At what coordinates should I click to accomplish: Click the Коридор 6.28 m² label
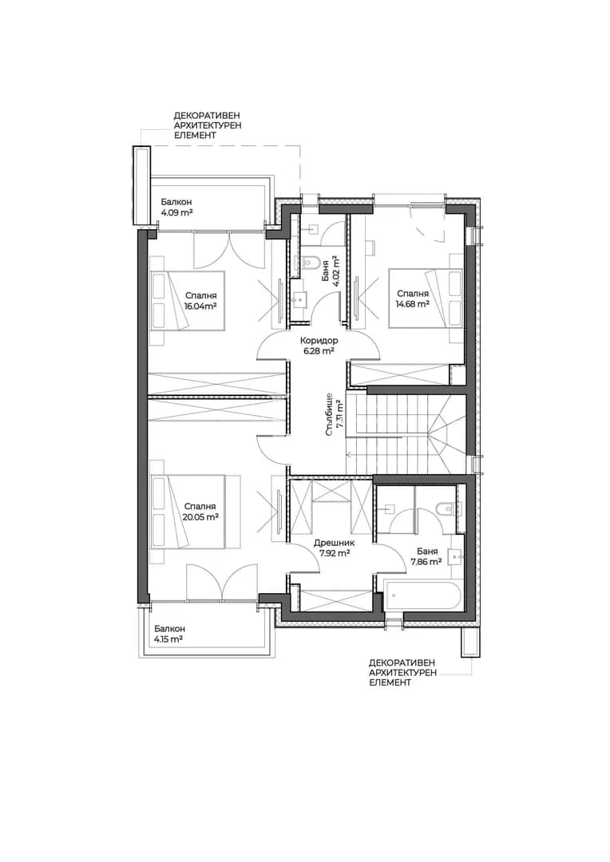pyautogui.click(x=319, y=346)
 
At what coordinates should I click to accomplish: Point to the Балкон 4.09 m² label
pyautogui.click(x=176, y=208)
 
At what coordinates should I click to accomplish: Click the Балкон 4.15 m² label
pyautogui.click(x=169, y=634)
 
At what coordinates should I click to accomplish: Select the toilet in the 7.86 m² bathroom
pyautogui.click(x=442, y=508)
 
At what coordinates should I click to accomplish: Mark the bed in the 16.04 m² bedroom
pyautogui.click(x=188, y=300)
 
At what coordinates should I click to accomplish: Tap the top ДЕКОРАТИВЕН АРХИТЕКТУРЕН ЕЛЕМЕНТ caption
pyautogui.click(x=208, y=125)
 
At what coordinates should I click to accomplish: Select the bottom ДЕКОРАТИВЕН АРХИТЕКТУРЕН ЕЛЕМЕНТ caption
pyautogui.click(x=403, y=672)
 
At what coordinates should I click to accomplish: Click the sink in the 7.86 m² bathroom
pyautogui.click(x=455, y=557)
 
